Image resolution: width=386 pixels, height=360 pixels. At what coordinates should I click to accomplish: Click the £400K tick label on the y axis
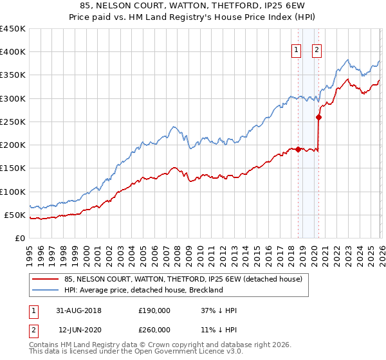[13, 52]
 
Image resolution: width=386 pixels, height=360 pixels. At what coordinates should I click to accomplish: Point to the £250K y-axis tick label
[13, 122]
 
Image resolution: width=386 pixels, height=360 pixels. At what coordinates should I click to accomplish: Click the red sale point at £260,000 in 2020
[319, 117]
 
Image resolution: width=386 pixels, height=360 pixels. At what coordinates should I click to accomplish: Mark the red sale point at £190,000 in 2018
[299, 149]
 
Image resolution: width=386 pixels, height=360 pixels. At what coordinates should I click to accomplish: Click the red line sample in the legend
[44, 280]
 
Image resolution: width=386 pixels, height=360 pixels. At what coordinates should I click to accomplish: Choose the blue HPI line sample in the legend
[44, 290]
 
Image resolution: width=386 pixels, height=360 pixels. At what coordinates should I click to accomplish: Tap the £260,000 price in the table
[154, 329]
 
